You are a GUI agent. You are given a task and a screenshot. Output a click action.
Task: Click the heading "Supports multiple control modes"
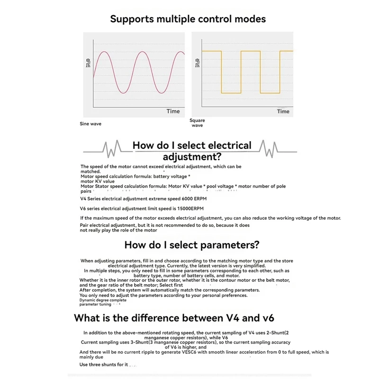coord(188,19)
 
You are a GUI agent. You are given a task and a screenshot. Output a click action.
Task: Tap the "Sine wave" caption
coord(90,124)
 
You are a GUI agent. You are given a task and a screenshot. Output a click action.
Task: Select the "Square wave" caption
coord(197,123)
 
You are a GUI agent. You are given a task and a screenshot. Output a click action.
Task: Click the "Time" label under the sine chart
coord(173,111)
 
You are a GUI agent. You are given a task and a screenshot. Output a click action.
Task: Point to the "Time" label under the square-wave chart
coord(283,111)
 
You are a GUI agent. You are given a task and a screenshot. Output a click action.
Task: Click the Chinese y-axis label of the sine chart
coord(88,63)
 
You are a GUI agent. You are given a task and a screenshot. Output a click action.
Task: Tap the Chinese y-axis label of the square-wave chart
coord(198,63)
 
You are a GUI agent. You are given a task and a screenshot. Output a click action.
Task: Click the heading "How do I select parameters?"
coord(191,245)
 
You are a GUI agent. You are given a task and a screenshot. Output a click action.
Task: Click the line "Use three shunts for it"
coord(104,364)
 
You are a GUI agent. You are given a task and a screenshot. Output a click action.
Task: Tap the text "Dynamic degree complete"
coord(103,300)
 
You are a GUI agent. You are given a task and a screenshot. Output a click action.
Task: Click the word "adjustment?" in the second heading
coord(192,157)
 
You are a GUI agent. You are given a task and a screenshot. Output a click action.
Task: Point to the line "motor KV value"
coord(98,181)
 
